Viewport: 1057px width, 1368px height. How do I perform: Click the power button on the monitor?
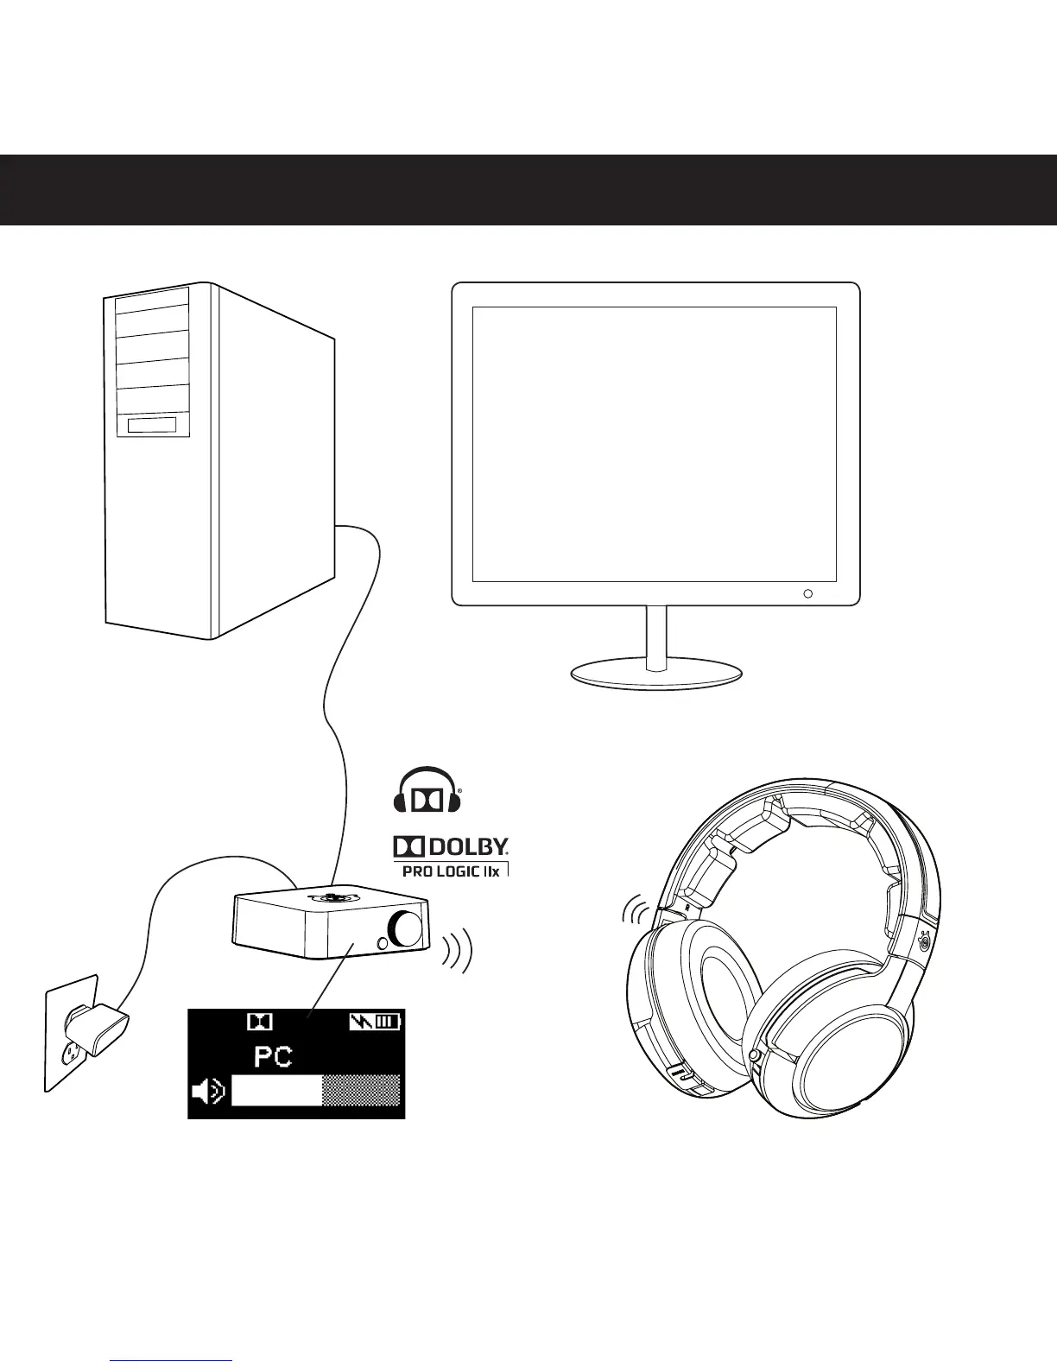pyautogui.click(x=808, y=594)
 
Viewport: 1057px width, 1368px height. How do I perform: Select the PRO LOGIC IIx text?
pyautogui.click(x=452, y=871)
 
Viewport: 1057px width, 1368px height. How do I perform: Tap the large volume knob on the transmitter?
pyautogui.click(x=406, y=928)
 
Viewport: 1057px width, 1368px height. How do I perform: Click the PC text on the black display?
pyautogui.click(x=273, y=1056)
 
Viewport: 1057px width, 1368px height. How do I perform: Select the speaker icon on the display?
pyautogui.click(x=208, y=1092)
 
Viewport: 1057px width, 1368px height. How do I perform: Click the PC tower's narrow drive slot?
pyautogui.click(x=152, y=426)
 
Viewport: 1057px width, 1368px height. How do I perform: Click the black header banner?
pyautogui.click(x=528, y=190)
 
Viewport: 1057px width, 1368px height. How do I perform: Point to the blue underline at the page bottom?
pyautogui.click(x=173, y=1361)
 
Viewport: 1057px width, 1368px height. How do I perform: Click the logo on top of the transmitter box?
pyautogui.click(x=331, y=896)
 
